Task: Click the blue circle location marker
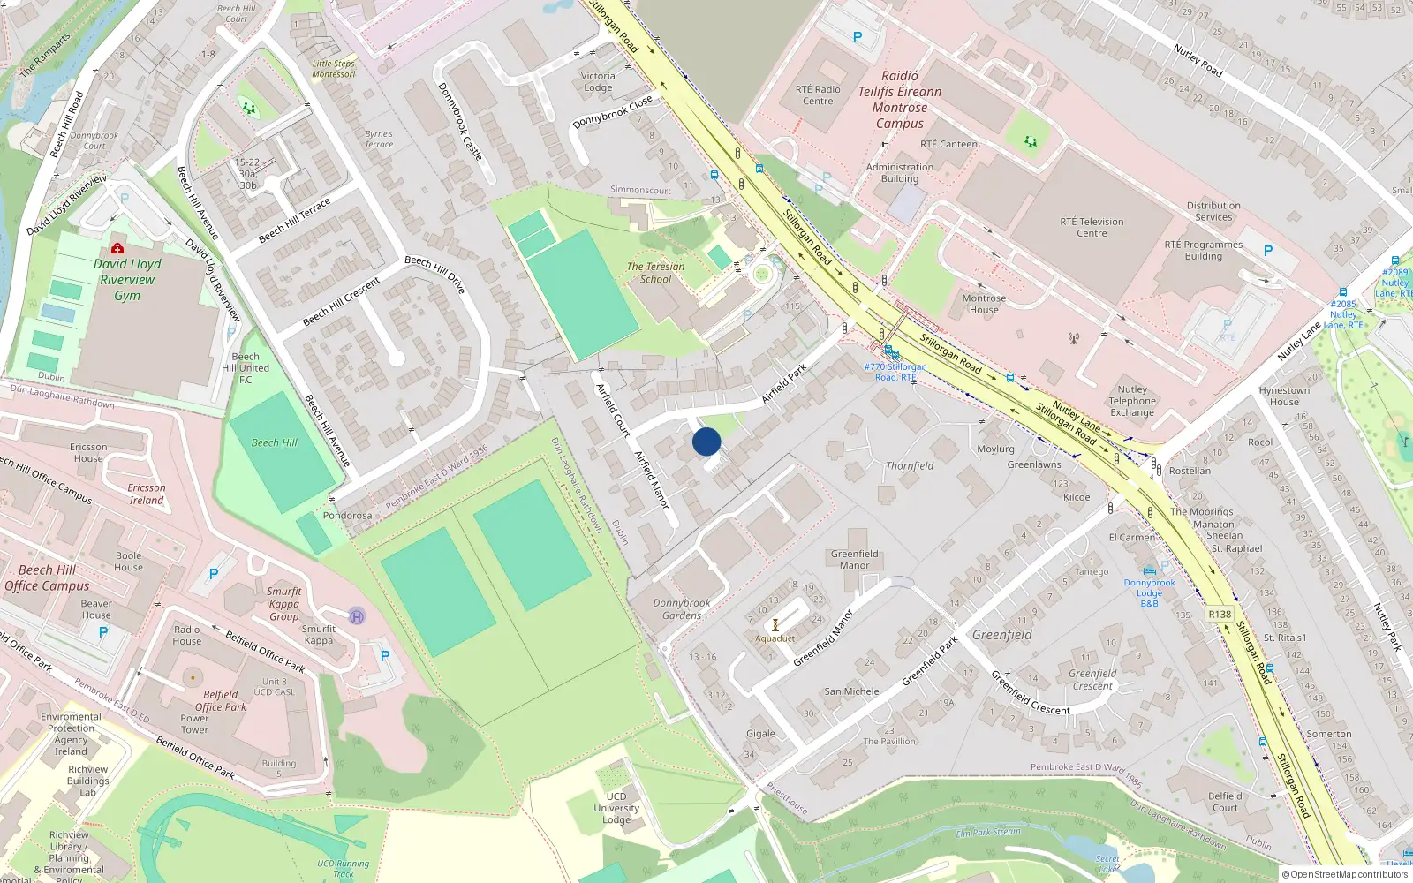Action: (706, 441)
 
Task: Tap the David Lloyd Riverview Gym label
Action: (127, 279)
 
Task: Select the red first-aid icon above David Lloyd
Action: (117, 248)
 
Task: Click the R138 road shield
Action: (1219, 614)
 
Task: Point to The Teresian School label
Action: (655, 273)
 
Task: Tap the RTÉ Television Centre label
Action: (1092, 227)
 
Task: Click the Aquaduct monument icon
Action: (775, 625)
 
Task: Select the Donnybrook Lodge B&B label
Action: (1149, 592)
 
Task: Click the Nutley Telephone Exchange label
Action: (1132, 401)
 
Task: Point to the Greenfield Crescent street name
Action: (1030, 692)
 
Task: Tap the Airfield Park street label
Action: (784, 383)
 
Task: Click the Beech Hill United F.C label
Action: (246, 368)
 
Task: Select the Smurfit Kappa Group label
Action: (284, 604)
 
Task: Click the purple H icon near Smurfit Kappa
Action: (357, 616)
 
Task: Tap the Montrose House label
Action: (984, 304)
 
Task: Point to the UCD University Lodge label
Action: (616, 808)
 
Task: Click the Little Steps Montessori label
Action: (334, 69)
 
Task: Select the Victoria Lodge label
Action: (598, 81)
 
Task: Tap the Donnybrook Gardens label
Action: (682, 609)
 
